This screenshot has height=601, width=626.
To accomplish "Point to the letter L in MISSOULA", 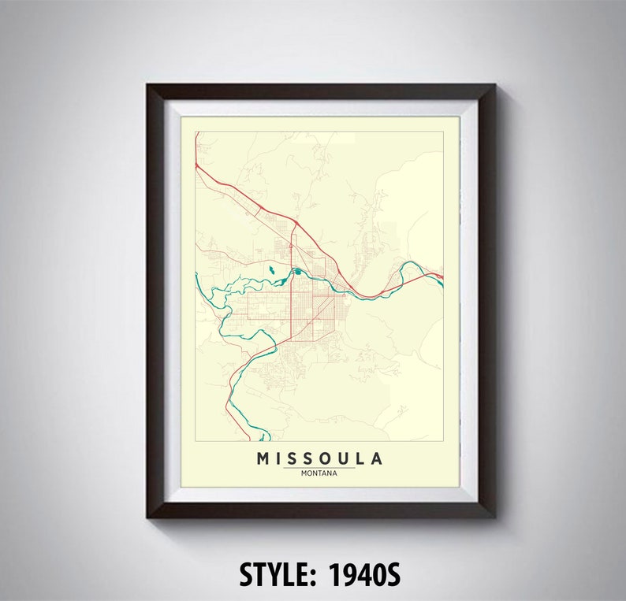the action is point(360,458).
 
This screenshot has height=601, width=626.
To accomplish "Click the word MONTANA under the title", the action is point(319,473).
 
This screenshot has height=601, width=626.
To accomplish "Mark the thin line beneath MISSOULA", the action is point(319,468).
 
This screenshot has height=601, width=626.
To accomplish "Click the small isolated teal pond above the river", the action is point(271,270).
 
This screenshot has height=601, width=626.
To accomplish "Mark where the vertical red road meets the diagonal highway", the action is point(294,223).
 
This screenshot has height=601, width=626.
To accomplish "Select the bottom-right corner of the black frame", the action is point(495,518).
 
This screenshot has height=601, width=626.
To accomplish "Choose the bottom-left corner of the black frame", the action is point(147,518).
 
